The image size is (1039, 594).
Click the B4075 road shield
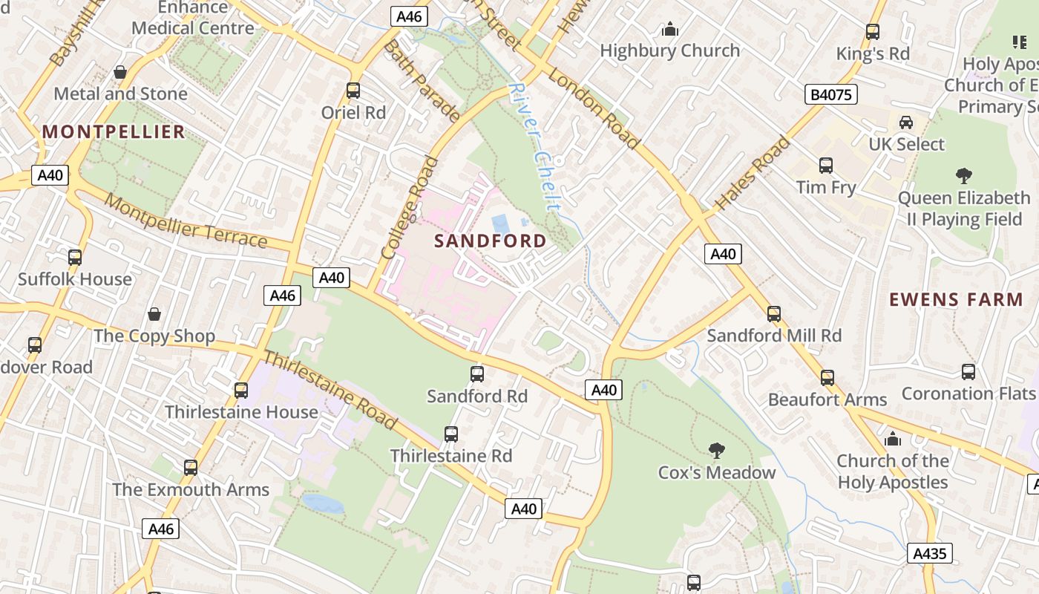pyautogui.click(x=830, y=94)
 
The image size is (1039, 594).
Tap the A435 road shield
pyautogui.click(x=929, y=553)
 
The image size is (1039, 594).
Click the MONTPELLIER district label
pyautogui.click(x=113, y=132)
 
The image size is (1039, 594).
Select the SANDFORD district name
pyautogui.click(x=490, y=241)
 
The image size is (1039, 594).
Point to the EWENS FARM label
pyautogui.click(x=956, y=300)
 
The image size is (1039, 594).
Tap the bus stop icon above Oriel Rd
pyautogui.click(x=353, y=91)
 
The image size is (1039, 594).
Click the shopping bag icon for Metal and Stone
pyautogui.click(x=120, y=72)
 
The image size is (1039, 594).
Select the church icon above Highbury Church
pyautogui.click(x=670, y=30)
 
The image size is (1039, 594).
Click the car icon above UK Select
pyautogui.click(x=906, y=123)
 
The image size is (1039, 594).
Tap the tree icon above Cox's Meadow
pyautogui.click(x=716, y=450)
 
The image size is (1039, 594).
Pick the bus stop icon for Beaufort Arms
pyautogui.click(x=827, y=378)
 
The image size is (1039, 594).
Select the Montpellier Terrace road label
pyautogui.click(x=186, y=221)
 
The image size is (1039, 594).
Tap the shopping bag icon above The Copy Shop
pyautogui.click(x=154, y=314)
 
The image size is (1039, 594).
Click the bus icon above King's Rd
pyautogui.click(x=873, y=32)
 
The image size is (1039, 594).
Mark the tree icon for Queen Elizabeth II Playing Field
pyautogui.click(x=964, y=176)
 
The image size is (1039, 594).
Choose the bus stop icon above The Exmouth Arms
pyautogui.click(x=191, y=468)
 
